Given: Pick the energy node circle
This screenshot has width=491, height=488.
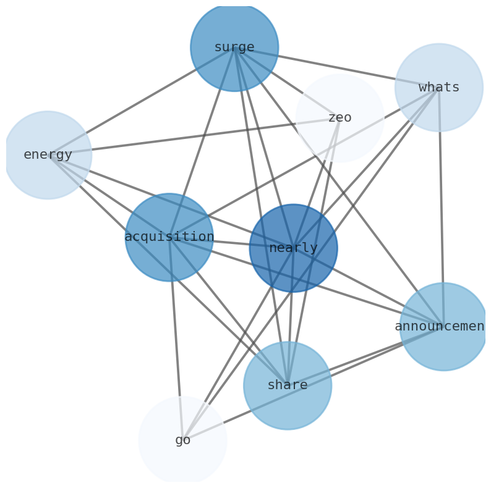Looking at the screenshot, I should [x=48, y=176].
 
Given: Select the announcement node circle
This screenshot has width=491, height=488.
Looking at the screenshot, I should [x=443, y=349].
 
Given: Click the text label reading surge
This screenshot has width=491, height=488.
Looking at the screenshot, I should [x=234, y=48].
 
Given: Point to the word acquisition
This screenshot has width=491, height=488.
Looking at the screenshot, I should [x=169, y=237].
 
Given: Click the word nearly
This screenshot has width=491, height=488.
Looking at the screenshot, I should [x=293, y=248].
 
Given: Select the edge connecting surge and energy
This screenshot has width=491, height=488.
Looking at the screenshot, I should [x=140, y=101].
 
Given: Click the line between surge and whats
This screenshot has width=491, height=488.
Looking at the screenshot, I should [x=336, y=67].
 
